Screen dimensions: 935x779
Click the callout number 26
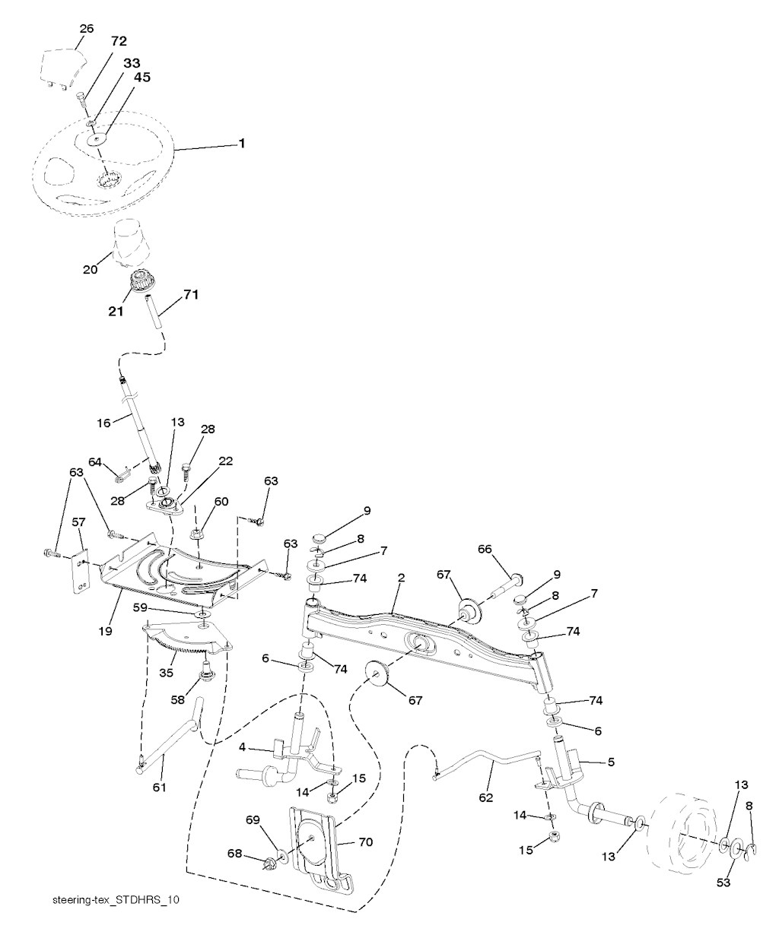[x=87, y=29]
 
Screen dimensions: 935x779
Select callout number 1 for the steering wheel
[x=242, y=143]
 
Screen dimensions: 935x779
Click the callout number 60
[x=221, y=501]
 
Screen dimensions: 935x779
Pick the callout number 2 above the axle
[x=401, y=578]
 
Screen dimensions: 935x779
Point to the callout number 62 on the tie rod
[x=486, y=797]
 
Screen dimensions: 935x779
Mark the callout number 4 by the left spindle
[x=242, y=747]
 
